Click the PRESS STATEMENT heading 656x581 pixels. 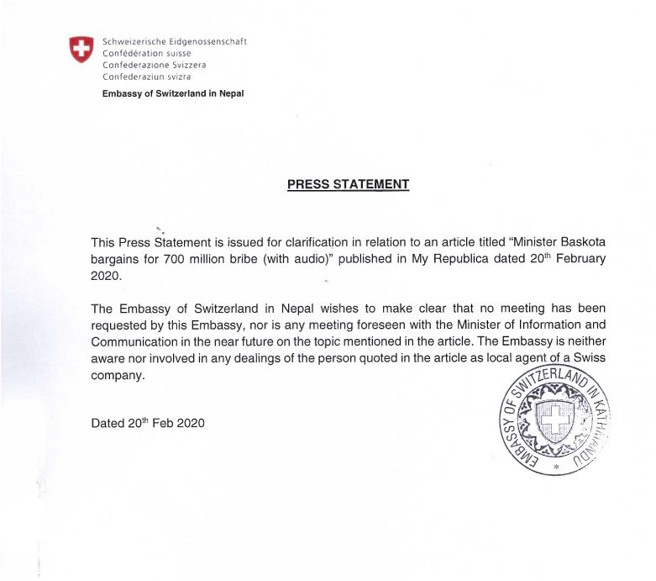click(348, 184)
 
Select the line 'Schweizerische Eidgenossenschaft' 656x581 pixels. click(174, 41)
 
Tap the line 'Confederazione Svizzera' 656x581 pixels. click(154, 65)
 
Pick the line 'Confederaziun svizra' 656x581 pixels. click(146, 77)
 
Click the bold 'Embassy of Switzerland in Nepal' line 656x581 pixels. click(172, 93)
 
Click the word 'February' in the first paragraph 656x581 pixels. click(578, 259)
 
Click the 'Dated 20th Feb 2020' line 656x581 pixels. click(147, 422)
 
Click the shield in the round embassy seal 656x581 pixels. click(554, 417)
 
